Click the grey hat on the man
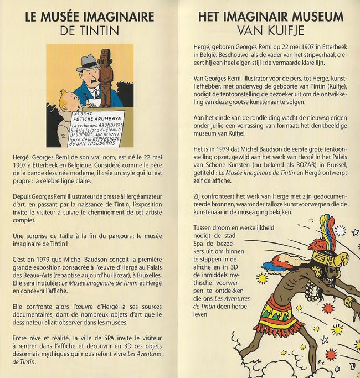coord(89,60)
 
